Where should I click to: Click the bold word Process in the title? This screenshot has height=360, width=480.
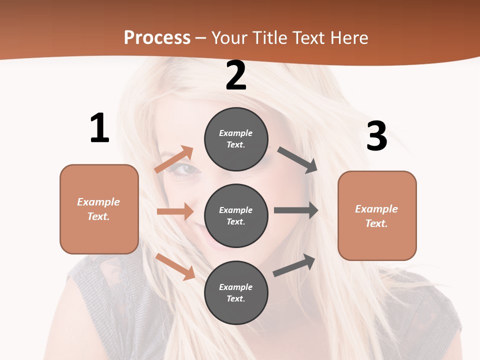point(157,37)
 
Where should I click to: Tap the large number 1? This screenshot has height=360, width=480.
point(99,128)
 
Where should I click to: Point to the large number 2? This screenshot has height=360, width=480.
point(236,76)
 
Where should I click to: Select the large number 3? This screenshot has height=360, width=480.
point(376,136)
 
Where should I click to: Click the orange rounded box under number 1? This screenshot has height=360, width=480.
point(99,209)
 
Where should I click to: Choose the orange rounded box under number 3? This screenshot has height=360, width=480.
point(377,216)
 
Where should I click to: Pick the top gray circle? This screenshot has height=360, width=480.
point(236,139)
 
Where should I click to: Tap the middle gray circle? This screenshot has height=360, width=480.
point(236,215)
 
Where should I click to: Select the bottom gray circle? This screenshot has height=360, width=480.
point(236,292)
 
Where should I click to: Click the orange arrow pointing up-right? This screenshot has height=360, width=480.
point(174,159)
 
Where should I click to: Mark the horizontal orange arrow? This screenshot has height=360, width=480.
point(175,211)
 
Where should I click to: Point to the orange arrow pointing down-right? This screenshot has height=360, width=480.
point(175,267)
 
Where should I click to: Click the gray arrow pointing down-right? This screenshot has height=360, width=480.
point(297,160)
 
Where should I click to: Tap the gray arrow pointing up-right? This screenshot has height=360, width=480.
point(294,265)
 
